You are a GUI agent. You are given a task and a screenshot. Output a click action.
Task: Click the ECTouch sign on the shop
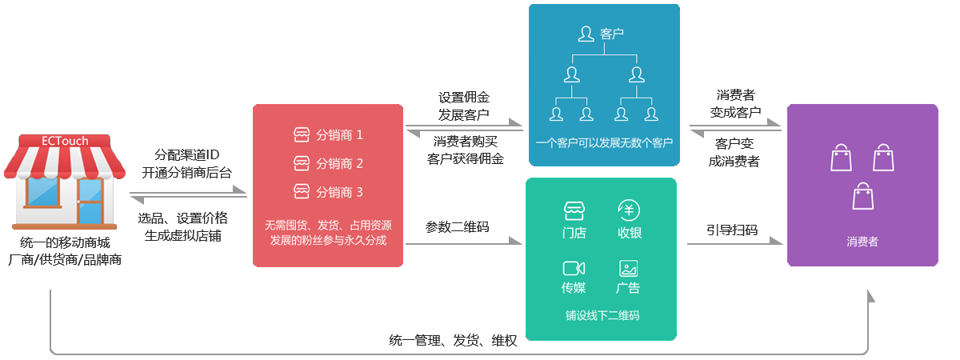pyautogui.click(x=65, y=141)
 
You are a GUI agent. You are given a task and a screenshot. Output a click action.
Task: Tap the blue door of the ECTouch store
pyautogui.click(x=90, y=201)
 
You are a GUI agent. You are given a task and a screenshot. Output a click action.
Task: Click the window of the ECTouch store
pyautogui.click(x=42, y=192)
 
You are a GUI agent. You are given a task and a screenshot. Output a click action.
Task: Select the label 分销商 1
pyautogui.click(x=339, y=135)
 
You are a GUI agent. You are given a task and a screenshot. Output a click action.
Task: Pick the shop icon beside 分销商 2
pyautogui.click(x=302, y=163)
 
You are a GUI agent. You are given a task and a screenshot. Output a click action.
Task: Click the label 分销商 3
pyautogui.click(x=339, y=192)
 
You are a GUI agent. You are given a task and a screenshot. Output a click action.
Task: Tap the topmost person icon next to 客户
pyautogui.click(x=586, y=34)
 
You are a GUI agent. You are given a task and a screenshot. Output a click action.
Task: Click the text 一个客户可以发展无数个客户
pyautogui.click(x=604, y=142)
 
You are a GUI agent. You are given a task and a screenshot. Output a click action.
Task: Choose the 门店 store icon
pyautogui.click(x=574, y=210)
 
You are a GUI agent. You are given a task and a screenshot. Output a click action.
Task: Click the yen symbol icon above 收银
pyautogui.click(x=629, y=210)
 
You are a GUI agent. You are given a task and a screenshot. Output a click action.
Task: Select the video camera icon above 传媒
pyautogui.click(x=574, y=268)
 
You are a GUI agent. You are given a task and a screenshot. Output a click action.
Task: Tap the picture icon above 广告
pyautogui.click(x=628, y=268)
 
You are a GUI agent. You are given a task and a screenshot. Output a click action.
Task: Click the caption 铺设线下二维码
pyautogui.click(x=602, y=316)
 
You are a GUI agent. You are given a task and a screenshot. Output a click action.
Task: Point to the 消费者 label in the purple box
pyautogui.click(x=862, y=242)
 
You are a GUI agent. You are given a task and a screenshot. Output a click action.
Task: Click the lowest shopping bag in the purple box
pyautogui.click(x=862, y=196)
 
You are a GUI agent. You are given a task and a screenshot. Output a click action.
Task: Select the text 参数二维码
pyautogui.click(x=458, y=226)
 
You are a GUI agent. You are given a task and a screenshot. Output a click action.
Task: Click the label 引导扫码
pyautogui.click(x=733, y=230)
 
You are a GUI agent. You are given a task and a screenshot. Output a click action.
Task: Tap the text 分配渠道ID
pyautogui.click(x=187, y=154)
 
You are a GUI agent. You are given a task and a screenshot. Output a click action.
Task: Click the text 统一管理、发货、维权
pyautogui.click(x=453, y=341)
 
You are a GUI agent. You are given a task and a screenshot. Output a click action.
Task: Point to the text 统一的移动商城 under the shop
pyautogui.click(x=65, y=242)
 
